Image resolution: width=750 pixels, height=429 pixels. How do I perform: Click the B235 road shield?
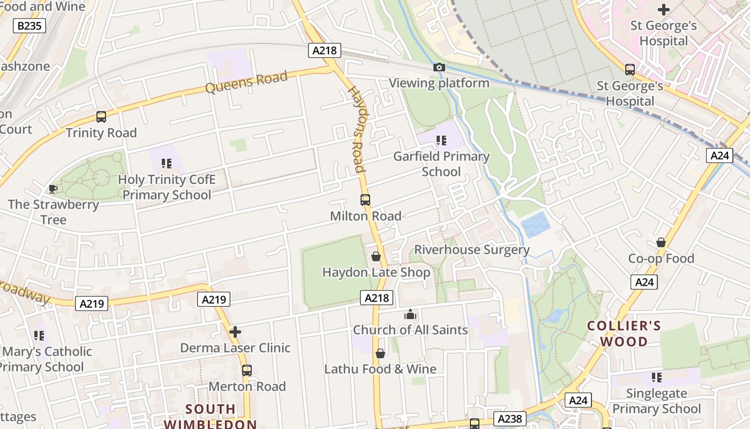29,26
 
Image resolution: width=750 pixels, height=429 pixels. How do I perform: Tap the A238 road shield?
509,418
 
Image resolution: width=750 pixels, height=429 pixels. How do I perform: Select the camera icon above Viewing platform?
439,67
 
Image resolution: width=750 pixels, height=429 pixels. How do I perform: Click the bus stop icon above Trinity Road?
101,116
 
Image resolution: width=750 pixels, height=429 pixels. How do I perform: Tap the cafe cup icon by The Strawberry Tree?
52,189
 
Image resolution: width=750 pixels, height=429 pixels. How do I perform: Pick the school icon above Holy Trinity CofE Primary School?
167,163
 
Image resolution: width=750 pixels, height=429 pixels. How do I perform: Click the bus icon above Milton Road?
365,200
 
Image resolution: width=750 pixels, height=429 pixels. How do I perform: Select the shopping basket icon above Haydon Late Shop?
376,256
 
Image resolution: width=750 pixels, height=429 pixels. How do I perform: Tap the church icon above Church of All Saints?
410,314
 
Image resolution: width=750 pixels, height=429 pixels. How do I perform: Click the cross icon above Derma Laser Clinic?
235,332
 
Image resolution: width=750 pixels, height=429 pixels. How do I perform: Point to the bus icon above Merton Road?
247,371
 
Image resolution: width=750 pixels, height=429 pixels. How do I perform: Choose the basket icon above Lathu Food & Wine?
380,353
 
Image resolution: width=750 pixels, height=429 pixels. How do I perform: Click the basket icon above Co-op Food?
661,242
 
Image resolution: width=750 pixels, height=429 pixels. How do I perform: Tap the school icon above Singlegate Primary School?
657,378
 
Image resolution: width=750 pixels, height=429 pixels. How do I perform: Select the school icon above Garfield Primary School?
441,140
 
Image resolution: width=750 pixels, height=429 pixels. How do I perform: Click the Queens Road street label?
246,83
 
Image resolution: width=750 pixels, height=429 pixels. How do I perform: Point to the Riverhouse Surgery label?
472,250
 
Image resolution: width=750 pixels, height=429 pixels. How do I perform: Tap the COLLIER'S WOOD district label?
624,334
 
